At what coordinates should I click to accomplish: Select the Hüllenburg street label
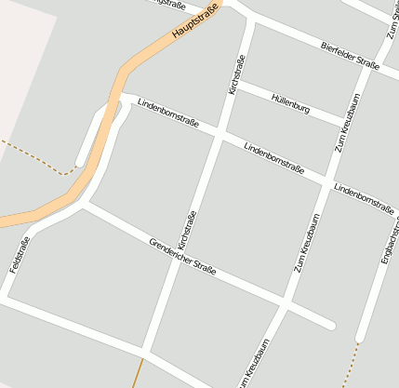(x=290, y=102)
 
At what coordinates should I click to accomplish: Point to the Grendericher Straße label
(x=182, y=257)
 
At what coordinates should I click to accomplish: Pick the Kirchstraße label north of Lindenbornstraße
(x=237, y=74)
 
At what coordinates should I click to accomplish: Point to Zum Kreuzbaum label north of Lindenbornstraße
(x=347, y=122)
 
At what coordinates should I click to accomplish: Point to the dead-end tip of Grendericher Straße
(x=330, y=325)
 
